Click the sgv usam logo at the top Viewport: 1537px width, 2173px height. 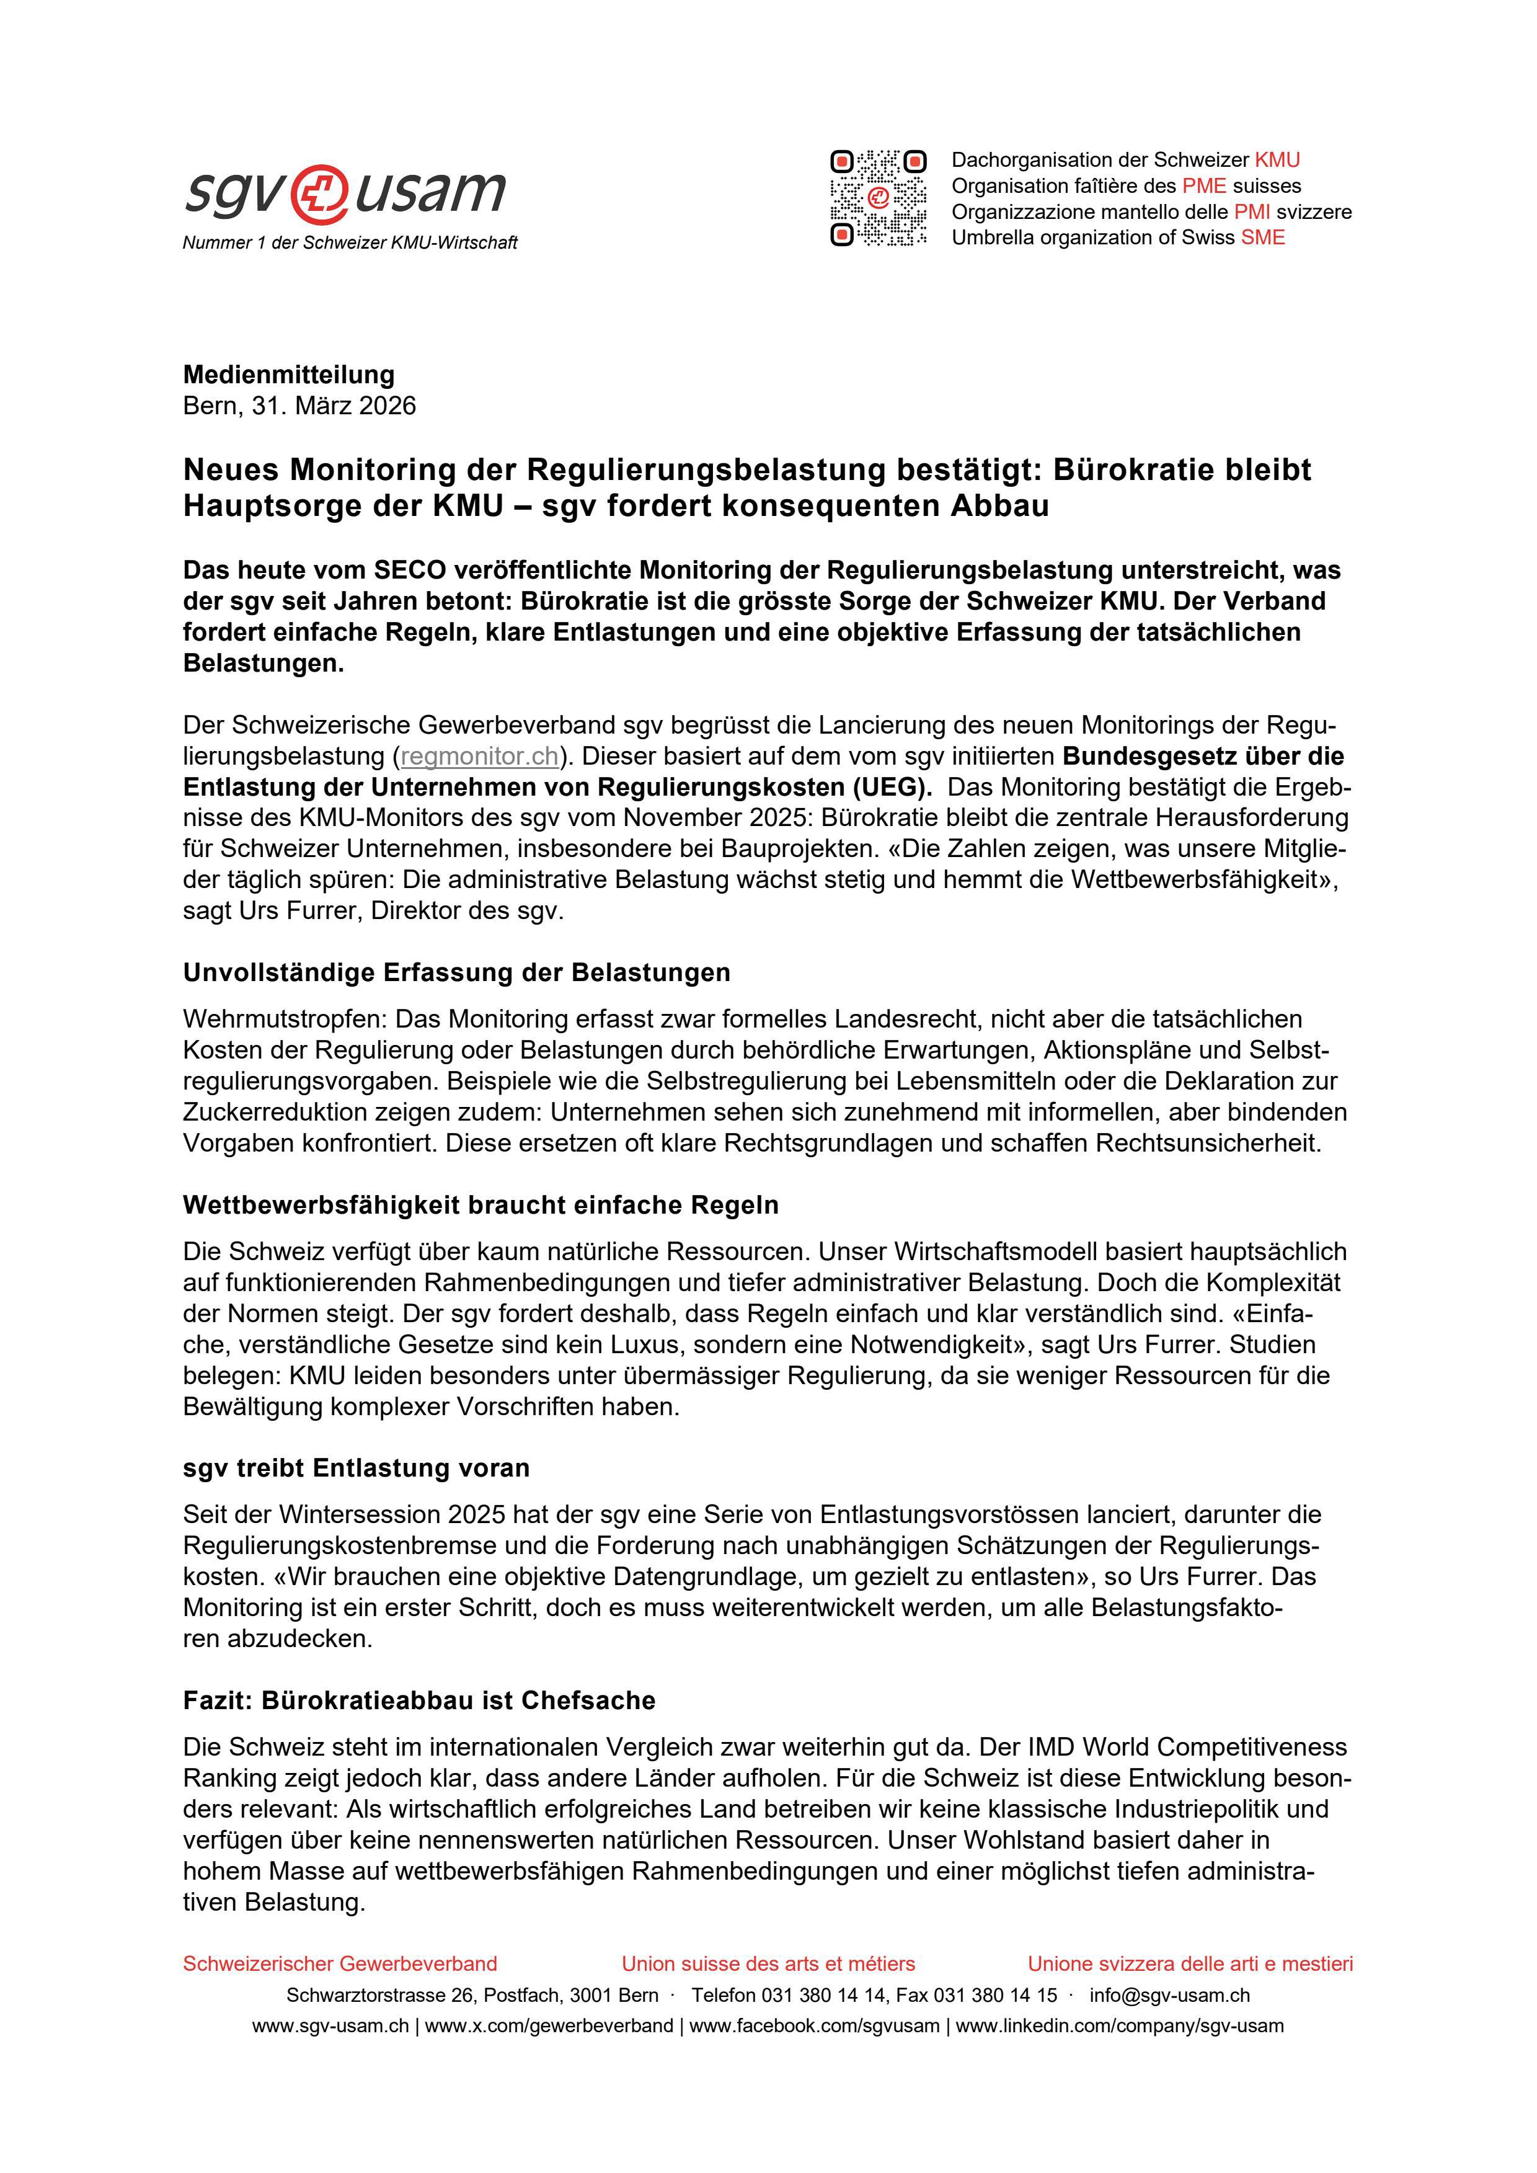[345, 192]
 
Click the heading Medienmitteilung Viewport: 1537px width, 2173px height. [289, 375]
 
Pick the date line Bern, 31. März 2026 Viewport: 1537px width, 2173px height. [299, 406]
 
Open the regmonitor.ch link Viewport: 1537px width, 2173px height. [480, 756]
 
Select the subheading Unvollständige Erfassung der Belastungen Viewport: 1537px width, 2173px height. [456, 973]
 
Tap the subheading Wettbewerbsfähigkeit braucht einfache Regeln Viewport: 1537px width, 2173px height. [481, 1205]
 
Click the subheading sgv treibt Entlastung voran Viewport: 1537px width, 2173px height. [356, 1468]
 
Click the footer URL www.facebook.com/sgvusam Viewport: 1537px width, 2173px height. [814, 2026]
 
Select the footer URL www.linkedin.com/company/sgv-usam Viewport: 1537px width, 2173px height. [1120, 2026]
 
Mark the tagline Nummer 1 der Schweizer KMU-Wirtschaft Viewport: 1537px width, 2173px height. [350, 243]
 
